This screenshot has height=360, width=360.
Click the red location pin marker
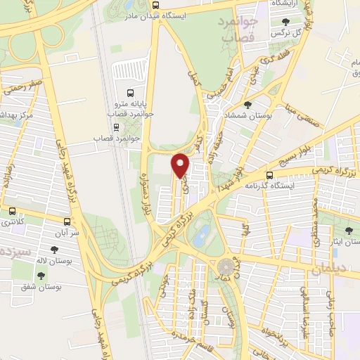pos(181,166)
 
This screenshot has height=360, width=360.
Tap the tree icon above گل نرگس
pos(285,21)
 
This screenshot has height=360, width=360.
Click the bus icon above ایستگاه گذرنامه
pos(270,176)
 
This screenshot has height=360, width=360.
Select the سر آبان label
pos(67,231)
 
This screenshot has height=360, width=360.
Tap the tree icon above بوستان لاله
pos(53,250)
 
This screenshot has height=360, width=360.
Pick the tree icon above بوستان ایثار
pos(349,231)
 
